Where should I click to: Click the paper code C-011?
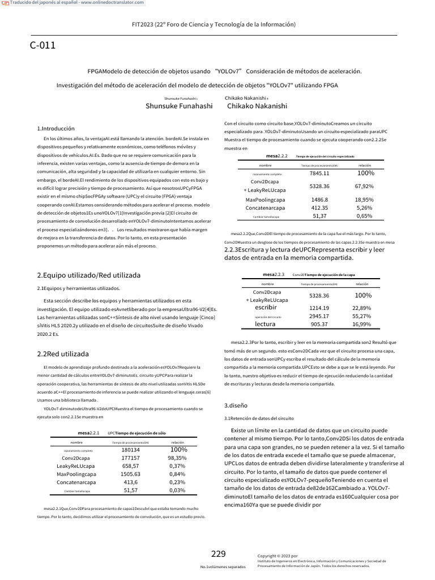click(x=42, y=46)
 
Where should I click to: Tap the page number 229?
click(x=219, y=553)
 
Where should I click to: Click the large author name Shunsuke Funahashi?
click(x=179, y=105)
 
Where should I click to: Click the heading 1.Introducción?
click(x=56, y=129)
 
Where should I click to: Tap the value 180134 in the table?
click(x=131, y=450)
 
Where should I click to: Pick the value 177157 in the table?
click(x=131, y=458)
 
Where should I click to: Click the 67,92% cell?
click(x=364, y=186)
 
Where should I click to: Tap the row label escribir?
click(x=265, y=307)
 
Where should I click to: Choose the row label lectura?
click(x=265, y=324)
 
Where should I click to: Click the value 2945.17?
click(x=319, y=316)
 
